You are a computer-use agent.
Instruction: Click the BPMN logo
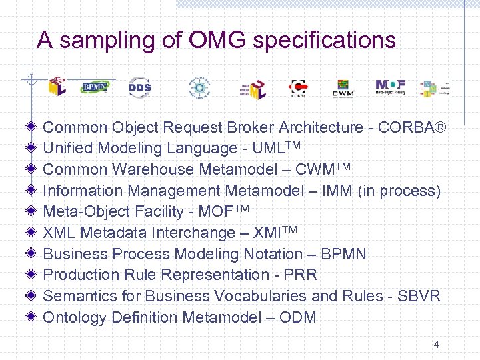tap(95, 87)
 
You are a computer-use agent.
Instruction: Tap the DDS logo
tap(139, 87)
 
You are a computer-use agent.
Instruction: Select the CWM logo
tap(343, 88)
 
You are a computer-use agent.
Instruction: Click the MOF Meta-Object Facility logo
tap(390, 87)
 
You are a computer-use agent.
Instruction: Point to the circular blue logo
tap(198, 87)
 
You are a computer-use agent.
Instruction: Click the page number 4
tap(436, 345)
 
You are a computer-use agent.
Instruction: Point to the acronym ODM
tap(298, 317)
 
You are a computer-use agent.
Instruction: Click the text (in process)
tap(399, 191)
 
